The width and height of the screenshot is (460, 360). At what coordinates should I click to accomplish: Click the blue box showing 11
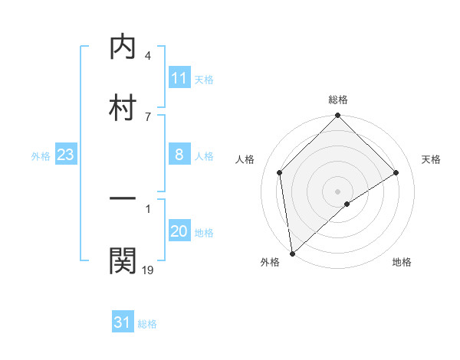179,78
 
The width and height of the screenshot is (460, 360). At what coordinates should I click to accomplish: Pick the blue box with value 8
179,155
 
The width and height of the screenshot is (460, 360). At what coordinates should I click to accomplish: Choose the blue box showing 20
179,232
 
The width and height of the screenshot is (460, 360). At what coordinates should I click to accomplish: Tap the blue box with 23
65,155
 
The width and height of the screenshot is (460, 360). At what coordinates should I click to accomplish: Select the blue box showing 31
123,322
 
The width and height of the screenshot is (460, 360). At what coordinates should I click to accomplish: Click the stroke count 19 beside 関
148,269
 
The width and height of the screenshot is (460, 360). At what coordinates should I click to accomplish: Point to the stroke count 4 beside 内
147,56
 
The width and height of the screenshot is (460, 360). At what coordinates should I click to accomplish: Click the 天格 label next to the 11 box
204,79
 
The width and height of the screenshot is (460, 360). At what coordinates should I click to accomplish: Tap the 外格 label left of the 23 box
41,156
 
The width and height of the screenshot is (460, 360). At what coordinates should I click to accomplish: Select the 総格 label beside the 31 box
147,323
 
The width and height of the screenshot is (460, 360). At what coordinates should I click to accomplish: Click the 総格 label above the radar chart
337,100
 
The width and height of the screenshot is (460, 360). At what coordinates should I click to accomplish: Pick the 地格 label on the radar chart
402,262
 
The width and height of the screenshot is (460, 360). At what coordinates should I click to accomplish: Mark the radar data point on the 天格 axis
396,172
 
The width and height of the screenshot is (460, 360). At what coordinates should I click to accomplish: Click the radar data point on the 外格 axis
292,253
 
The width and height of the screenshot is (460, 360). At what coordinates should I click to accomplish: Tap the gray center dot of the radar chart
337,191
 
